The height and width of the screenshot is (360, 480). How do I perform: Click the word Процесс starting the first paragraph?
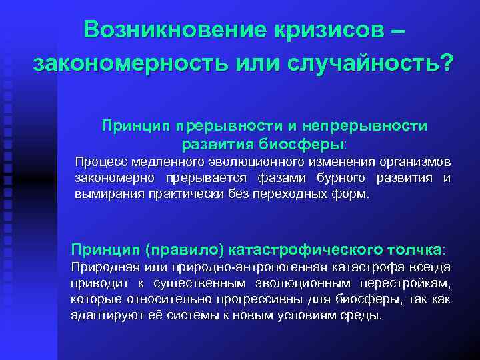point(101,162)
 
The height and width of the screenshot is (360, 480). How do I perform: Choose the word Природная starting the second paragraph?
point(101,267)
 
